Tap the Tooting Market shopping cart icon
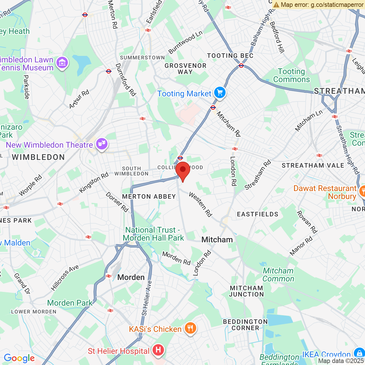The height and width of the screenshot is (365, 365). [220, 93]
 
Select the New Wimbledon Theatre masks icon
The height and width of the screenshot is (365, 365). [102, 144]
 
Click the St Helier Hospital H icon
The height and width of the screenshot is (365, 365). [158, 350]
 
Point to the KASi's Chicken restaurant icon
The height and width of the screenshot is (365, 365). [190, 328]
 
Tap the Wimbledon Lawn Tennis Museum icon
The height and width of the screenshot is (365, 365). [62, 62]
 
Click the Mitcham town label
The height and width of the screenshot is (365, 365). [217, 240]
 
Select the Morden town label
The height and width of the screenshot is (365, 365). [131, 277]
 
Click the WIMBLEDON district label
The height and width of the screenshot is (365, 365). [38, 157]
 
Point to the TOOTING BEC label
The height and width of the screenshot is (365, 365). [230, 56]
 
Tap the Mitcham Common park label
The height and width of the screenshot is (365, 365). [278, 275]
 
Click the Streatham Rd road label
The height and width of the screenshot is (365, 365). [258, 175]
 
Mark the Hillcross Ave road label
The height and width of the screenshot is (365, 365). [65, 278]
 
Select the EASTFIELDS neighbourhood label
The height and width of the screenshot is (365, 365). [257, 214]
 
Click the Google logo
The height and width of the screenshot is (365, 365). [19, 358]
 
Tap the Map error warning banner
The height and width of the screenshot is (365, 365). [318, 5]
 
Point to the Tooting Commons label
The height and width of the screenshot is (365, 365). [291, 75]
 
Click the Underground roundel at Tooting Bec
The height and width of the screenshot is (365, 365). [241, 66]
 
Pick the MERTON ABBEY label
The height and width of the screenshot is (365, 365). [149, 196]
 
